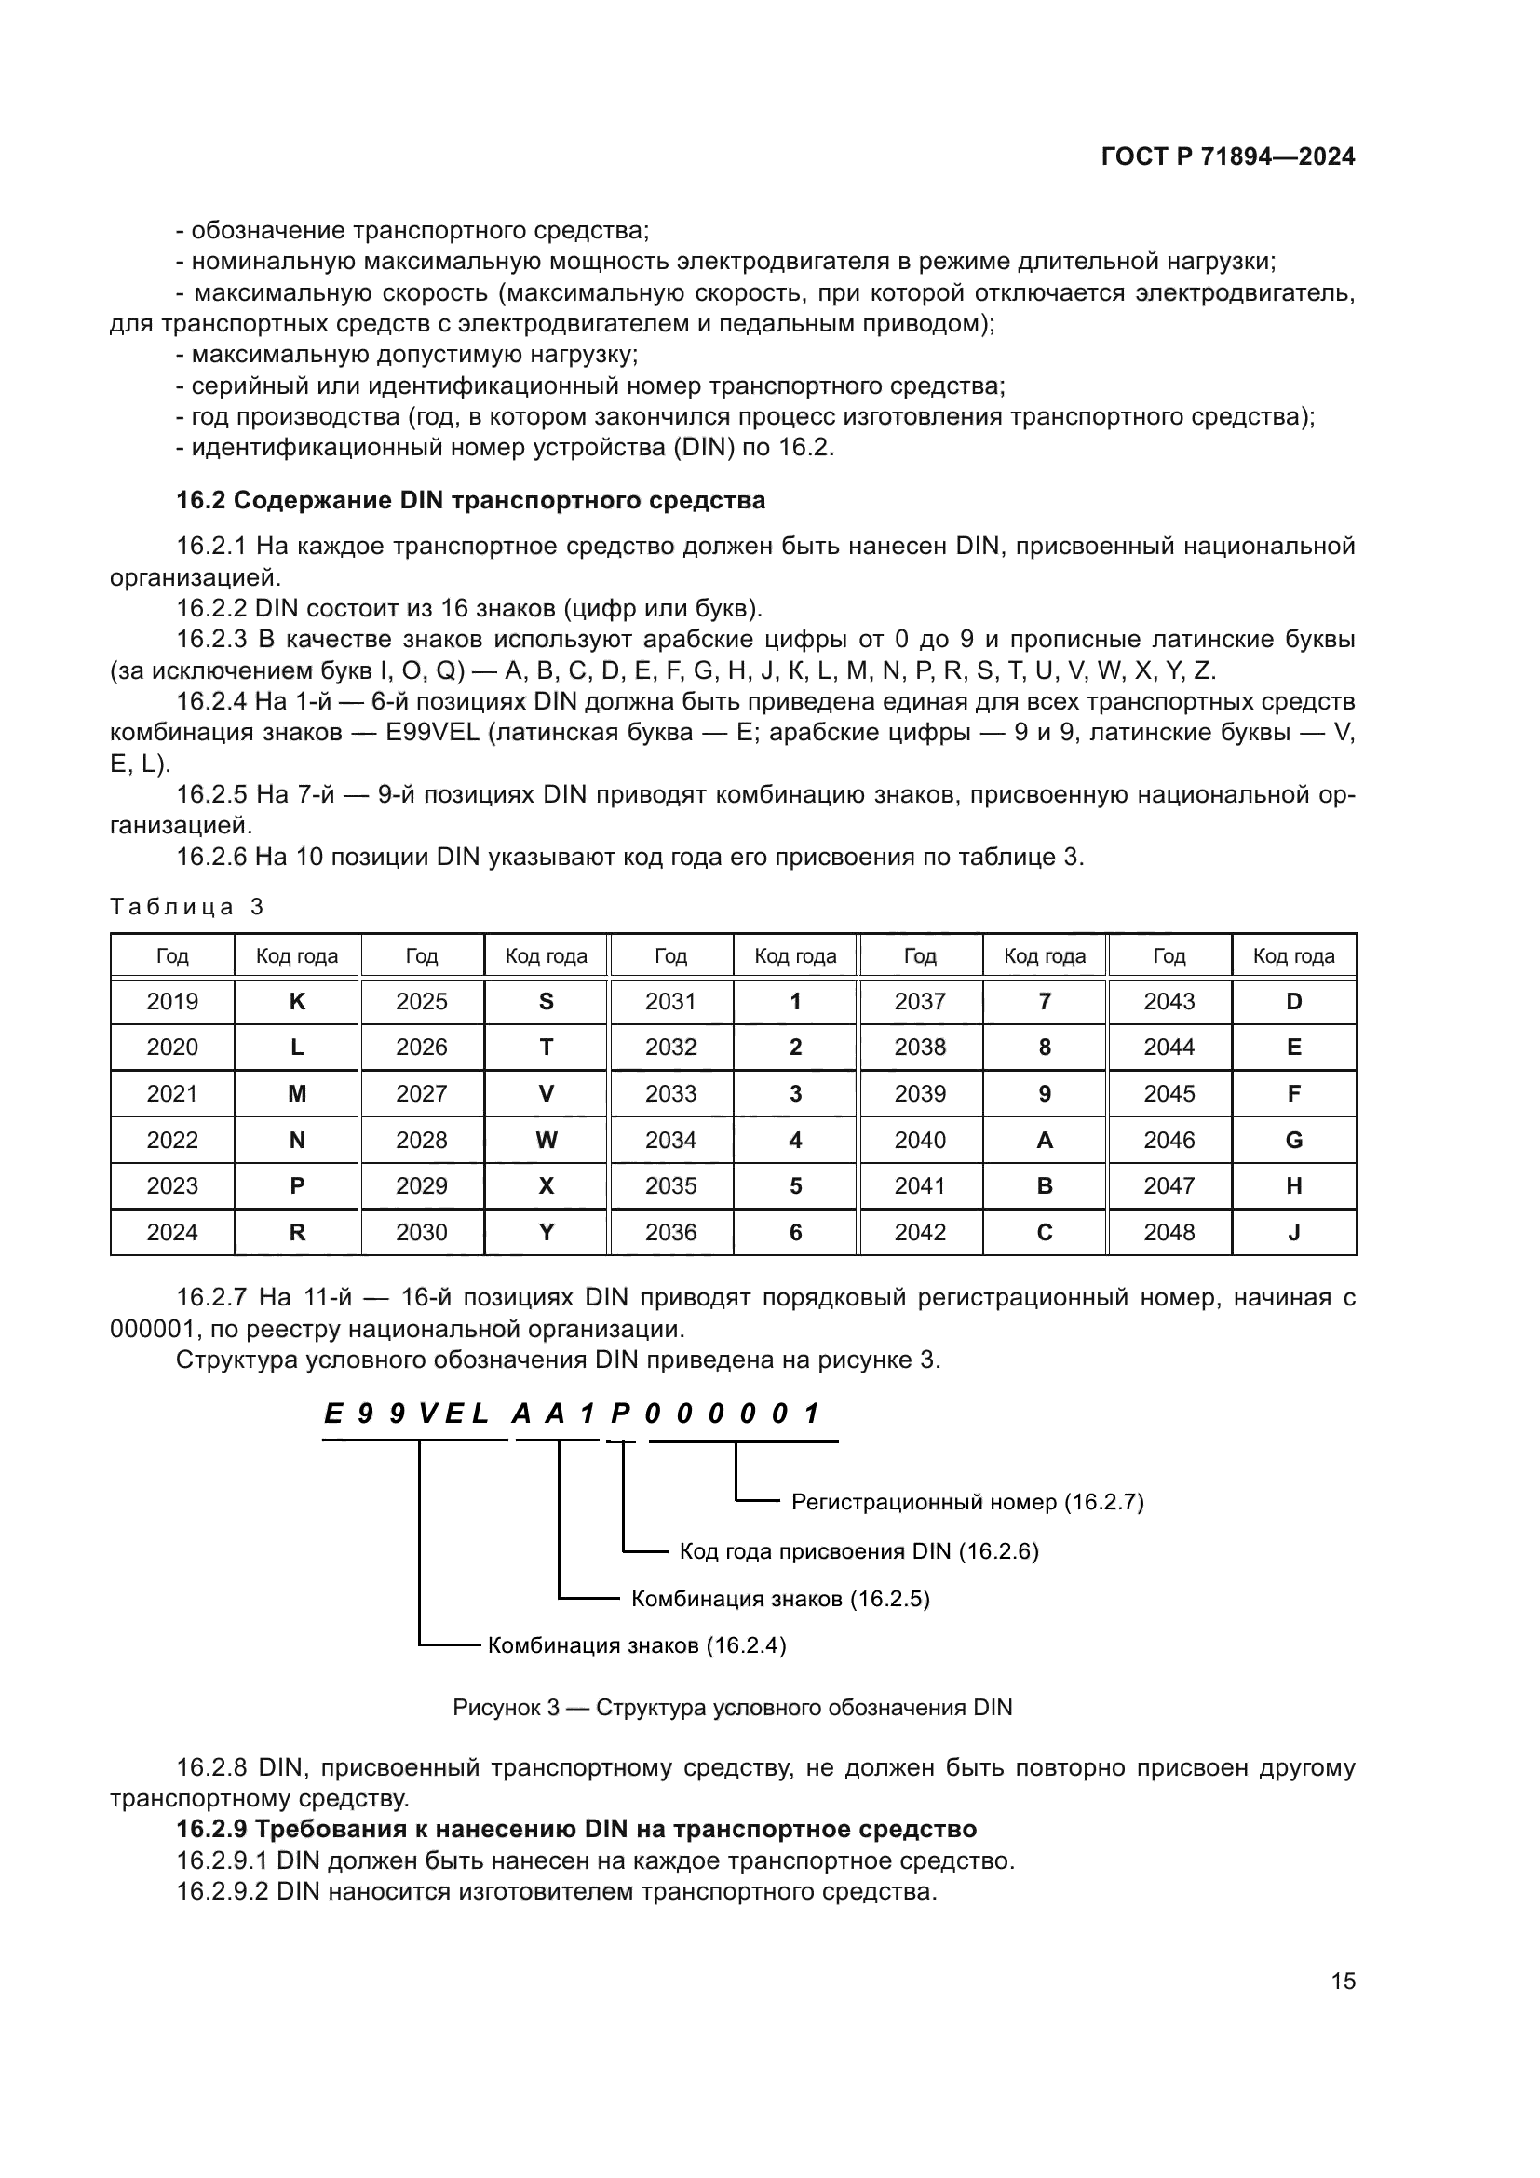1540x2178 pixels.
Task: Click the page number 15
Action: pyautogui.click(x=1343, y=1981)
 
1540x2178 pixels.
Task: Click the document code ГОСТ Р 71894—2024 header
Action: pyautogui.click(x=1228, y=157)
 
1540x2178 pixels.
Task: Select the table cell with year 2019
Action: pyautogui.click(x=172, y=1001)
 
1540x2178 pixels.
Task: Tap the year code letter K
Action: pyautogui.click(x=297, y=1001)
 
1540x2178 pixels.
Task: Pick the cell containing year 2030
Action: pyautogui.click(x=421, y=1232)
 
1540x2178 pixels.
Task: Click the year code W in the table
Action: pyautogui.click(x=547, y=1141)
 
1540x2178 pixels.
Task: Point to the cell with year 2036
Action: pyautogui.click(x=670, y=1232)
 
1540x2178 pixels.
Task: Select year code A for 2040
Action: pyautogui.click(x=1044, y=1141)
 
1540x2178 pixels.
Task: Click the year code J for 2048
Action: pyautogui.click(x=1293, y=1232)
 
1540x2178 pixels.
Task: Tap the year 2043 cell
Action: pyautogui.click(x=1169, y=1001)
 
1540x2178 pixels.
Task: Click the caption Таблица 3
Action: pyautogui.click(x=187, y=907)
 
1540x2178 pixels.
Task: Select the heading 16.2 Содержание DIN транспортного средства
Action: pyautogui.click(x=470, y=500)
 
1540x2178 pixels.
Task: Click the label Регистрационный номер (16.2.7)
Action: pyautogui.click(x=967, y=1502)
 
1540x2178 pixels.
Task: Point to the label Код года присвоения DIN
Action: pyautogui.click(x=858, y=1551)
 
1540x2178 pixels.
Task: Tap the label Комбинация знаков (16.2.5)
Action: pyautogui.click(x=779, y=1599)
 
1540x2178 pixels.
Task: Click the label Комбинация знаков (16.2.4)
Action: pyautogui.click(x=636, y=1644)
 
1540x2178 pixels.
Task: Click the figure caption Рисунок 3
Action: pyautogui.click(x=732, y=1708)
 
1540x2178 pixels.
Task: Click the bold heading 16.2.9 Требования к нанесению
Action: pyautogui.click(x=576, y=1828)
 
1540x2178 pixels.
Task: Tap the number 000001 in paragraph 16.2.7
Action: pyautogui.click(x=152, y=1329)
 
